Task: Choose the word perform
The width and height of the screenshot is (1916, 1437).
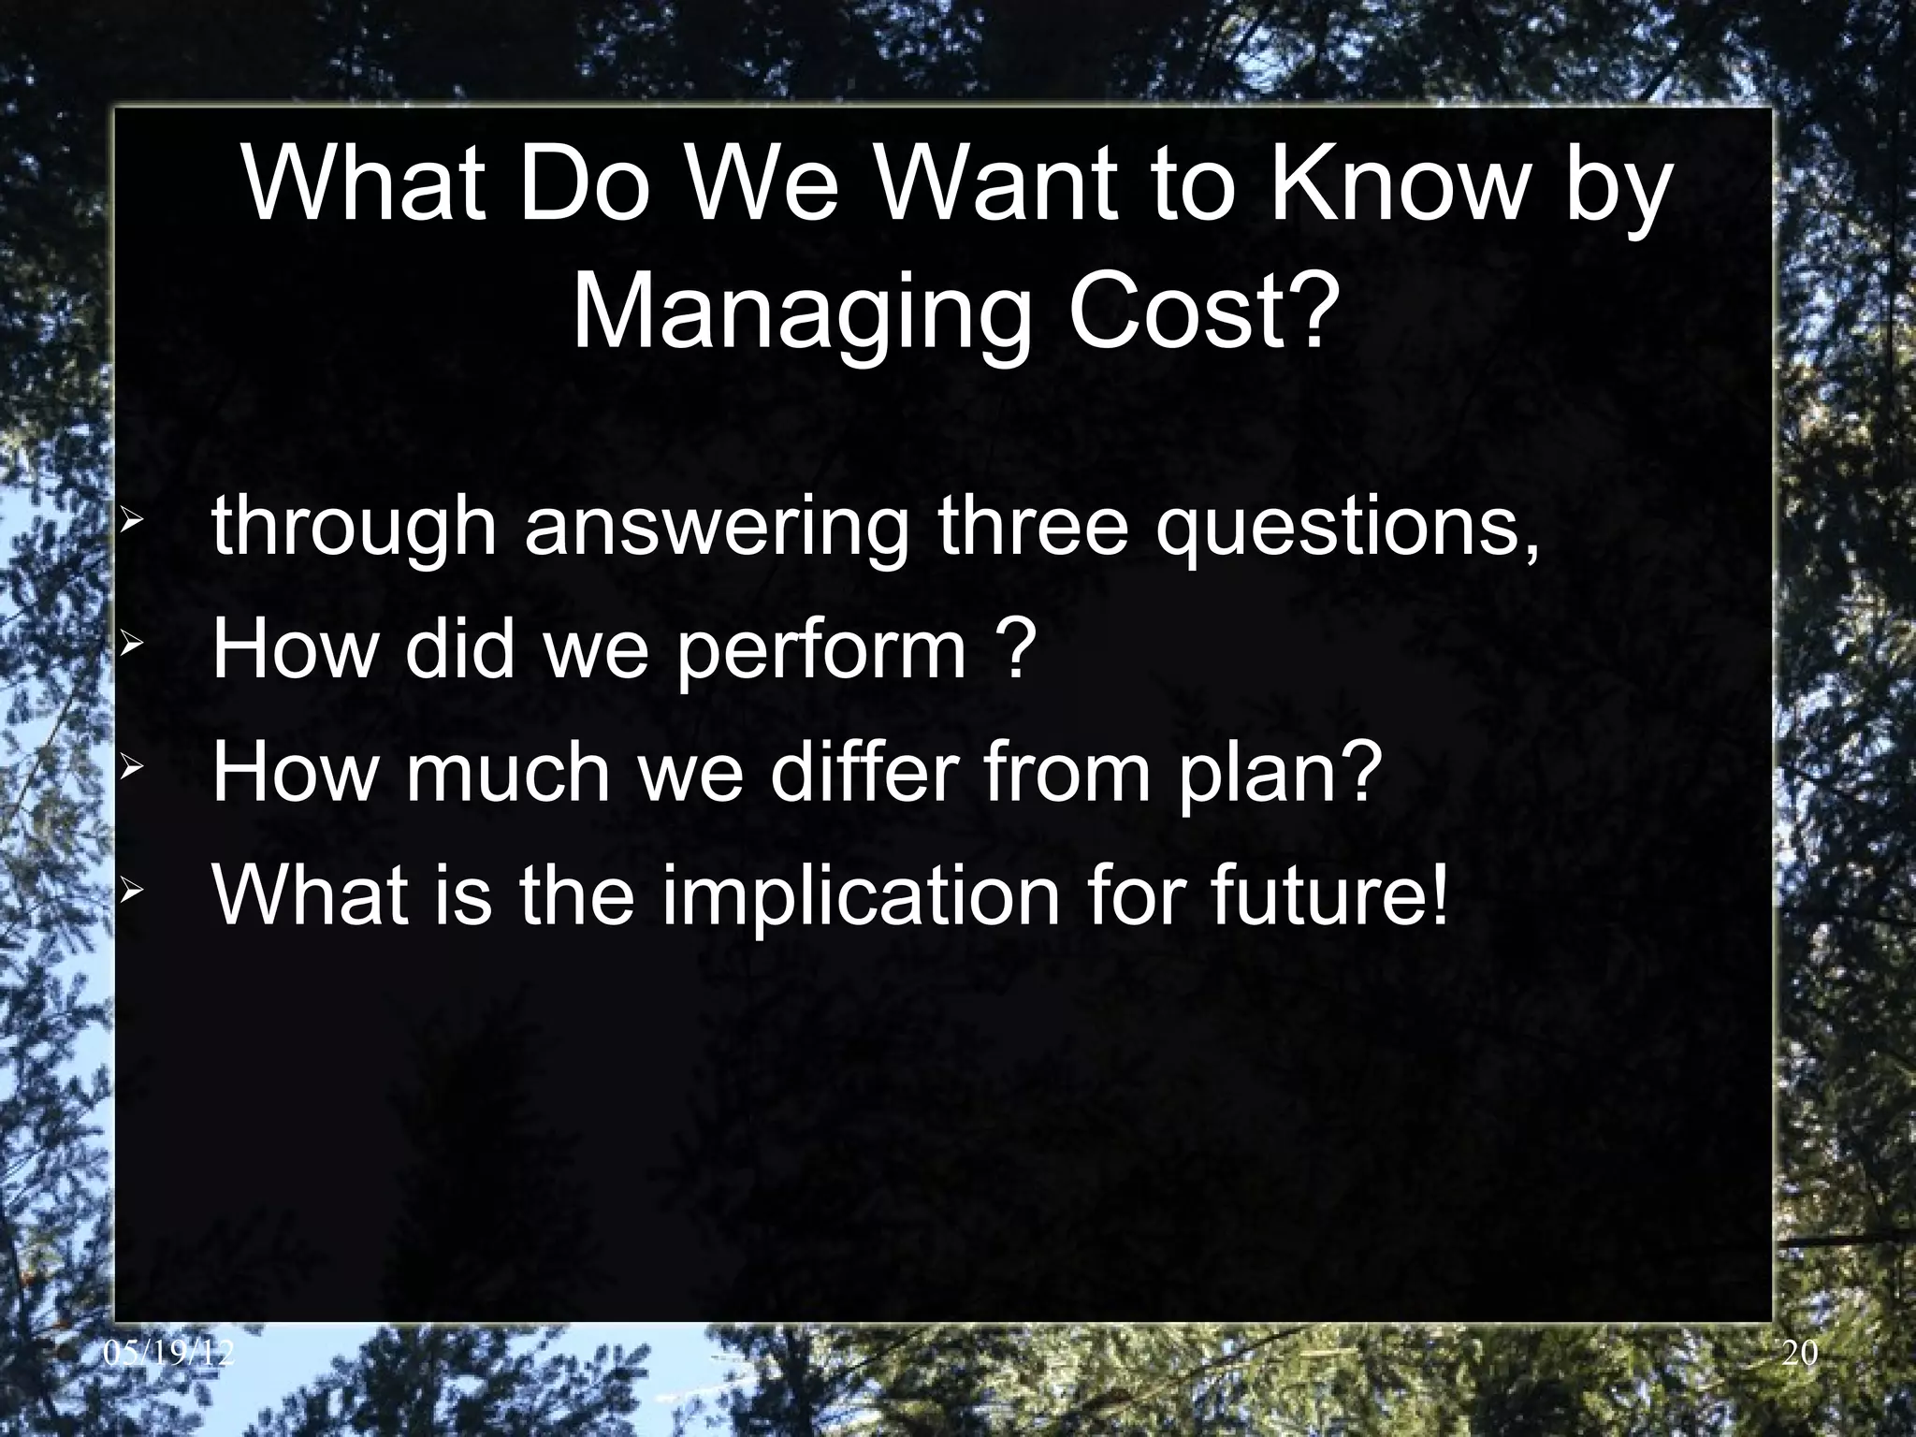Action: pyautogui.click(x=820, y=651)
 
